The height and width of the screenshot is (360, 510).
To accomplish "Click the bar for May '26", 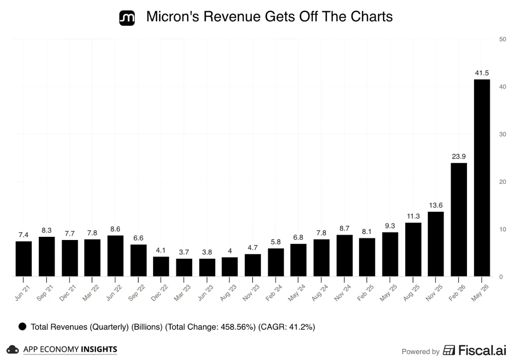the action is click(x=482, y=178).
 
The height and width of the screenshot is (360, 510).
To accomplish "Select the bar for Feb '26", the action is click(x=459, y=220).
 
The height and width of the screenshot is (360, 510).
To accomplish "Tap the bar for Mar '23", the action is click(x=184, y=268).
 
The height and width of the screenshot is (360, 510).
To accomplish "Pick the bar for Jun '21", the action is click(x=24, y=259).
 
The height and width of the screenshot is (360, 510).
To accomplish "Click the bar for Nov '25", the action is click(x=436, y=244).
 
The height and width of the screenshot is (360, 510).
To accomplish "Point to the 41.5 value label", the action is click(x=482, y=73).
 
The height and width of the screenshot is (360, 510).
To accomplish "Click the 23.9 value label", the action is click(x=459, y=157).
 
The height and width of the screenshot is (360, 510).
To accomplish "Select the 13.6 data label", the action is click(x=436, y=205).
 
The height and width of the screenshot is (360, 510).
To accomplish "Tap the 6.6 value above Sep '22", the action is click(x=138, y=238).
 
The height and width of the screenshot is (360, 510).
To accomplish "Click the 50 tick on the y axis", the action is click(x=502, y=39).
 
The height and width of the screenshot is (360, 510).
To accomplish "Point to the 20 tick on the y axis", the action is click(x=502, y=182).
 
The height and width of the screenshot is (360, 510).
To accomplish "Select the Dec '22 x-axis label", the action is click(x=159, y=293).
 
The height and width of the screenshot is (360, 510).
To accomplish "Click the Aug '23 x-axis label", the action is click(x=228, y=293).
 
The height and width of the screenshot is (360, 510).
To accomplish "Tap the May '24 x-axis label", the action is click(x=297, y=293).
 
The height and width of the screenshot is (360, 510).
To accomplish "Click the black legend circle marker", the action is click(x=22, y=327).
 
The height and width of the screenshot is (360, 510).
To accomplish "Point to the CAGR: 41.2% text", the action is click(x=286, y=327).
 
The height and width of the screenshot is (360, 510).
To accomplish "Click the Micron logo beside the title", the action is click(x=127, y=18).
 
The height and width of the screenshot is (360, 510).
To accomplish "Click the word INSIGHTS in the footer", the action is click(x=99, y=349).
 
